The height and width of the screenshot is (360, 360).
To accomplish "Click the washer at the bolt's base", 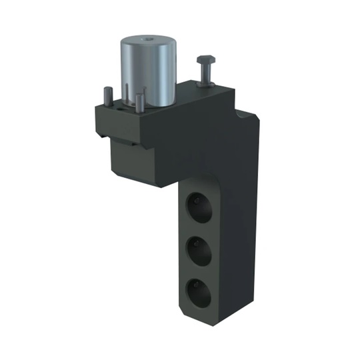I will click(x=205, y=84).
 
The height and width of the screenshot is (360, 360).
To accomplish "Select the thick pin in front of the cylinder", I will click(x=139, y=103).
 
